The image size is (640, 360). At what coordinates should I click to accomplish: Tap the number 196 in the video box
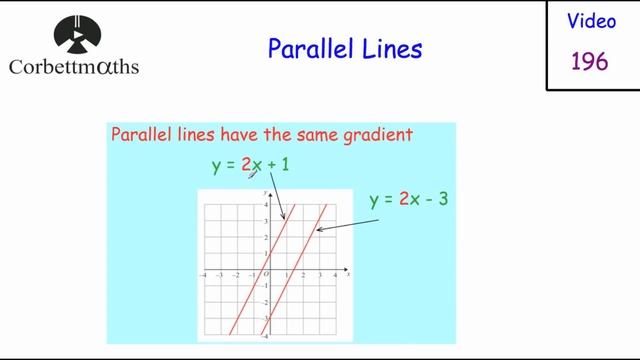590,61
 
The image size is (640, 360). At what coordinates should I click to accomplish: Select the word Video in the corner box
591,20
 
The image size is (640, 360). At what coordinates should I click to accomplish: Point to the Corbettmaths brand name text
73,68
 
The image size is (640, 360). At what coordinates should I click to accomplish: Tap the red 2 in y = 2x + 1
246,165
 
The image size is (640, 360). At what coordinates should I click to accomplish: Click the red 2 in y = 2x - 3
404,199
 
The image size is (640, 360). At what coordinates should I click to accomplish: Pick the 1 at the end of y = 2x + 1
286,165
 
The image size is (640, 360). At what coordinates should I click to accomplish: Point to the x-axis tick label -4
203,275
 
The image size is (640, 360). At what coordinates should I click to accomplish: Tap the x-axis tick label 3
320,275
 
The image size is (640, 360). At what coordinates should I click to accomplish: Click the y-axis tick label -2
264,303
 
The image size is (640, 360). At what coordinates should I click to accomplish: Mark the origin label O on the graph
266,275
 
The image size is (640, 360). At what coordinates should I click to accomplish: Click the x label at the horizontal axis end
348,274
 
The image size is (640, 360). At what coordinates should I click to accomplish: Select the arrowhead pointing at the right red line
316,232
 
